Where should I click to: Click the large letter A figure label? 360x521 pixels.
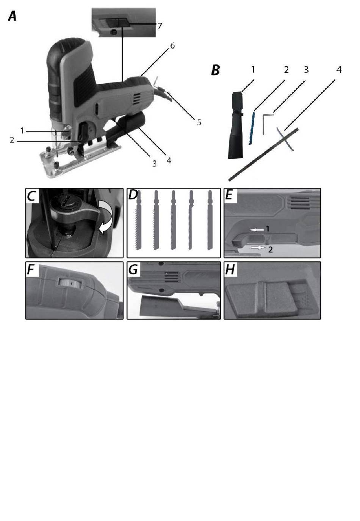pos(13,17)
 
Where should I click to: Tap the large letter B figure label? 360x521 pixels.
pos(216,70)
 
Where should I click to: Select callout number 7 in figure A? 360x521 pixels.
pos(160,26)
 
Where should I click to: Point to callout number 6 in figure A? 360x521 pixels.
pos(172,46)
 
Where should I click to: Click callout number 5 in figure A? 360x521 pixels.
pos(199,122)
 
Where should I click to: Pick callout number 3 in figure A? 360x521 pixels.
pos(154,164)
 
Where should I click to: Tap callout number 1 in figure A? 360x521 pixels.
pos(22,131)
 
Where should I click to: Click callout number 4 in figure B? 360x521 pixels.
pos(339,70)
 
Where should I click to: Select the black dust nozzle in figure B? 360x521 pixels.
pos(236,125)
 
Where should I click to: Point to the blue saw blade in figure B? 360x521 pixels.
pos(252,129)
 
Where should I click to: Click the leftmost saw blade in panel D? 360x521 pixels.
pos(138,220)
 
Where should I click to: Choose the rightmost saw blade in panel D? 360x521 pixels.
pos(210,220)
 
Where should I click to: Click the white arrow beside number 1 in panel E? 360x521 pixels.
pos(257,230)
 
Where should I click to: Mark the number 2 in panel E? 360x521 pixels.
pos(270,250)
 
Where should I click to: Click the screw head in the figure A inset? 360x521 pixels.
pos(113,32)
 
